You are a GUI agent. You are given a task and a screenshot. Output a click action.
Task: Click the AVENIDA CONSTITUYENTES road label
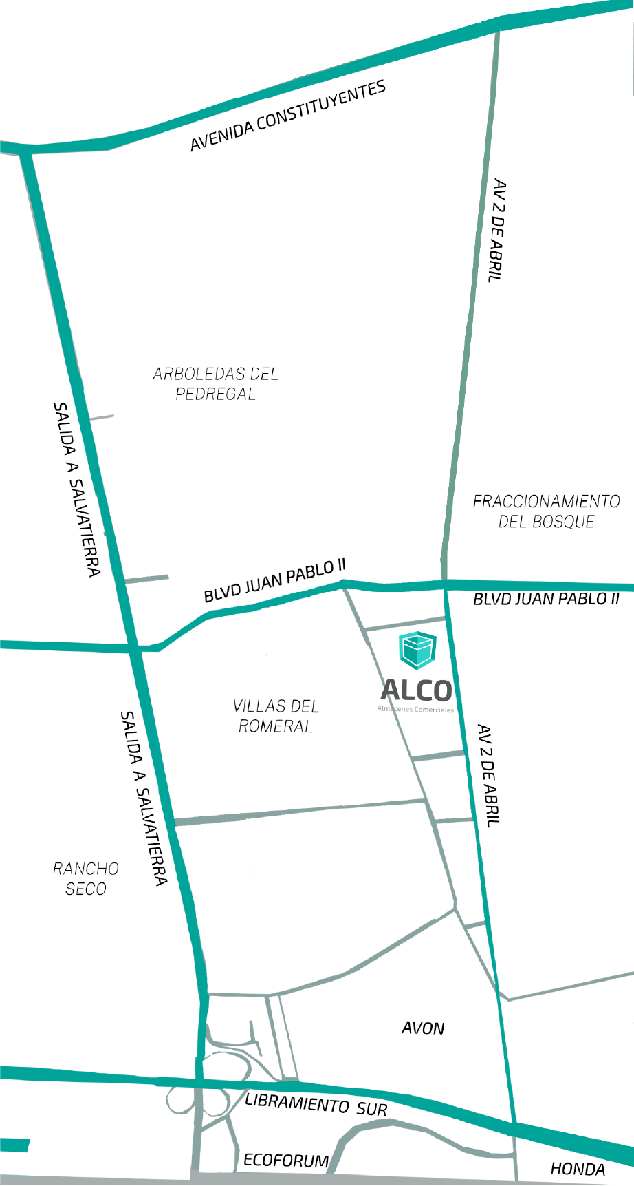(x=287, y=116)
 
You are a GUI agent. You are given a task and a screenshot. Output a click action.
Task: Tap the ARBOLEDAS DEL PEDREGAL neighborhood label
(x=215, y=383)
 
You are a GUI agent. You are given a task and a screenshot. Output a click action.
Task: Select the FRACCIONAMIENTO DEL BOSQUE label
(x=546, y=511)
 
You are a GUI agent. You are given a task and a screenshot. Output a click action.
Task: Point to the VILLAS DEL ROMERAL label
(x=276, y=716)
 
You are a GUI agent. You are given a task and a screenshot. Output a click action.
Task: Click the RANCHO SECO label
(x=86, y=878)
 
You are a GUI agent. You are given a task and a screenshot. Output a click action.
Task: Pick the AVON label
(x=423, y=1028)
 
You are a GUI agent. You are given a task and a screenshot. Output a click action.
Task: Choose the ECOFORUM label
(x=286, y=1161)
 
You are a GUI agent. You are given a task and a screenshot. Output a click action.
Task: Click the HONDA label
(x=578, y=1169)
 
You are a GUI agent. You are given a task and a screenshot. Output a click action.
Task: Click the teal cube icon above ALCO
(x=417, y=650)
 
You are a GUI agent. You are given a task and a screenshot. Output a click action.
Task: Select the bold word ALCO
(x=416, y=690)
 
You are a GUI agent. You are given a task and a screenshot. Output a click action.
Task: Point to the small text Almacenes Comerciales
(x=415, y=709)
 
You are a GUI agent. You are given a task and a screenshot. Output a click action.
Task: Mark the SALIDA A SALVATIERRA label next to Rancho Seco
(x=143, y=798)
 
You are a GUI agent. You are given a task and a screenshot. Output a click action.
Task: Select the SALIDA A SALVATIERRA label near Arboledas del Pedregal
(x=76, y=489)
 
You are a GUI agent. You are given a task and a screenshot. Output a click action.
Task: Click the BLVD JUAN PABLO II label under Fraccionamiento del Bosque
(x=546, y=599)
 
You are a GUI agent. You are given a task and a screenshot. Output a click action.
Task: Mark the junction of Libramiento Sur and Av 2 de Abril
(x=513, y=1127)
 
